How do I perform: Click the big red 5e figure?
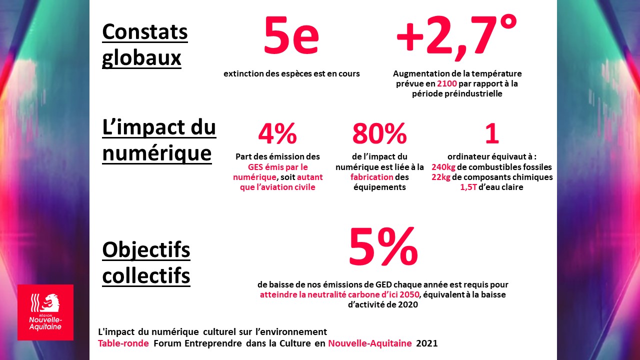[291, 36]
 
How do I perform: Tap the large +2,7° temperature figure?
[456, 35]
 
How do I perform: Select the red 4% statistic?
[277, 134]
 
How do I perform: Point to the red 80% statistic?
[379, 134]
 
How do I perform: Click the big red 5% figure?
[383, 247]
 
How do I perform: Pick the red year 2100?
[447, 83]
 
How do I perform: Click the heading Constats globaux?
[144, 45]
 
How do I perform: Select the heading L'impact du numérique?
[158, 140]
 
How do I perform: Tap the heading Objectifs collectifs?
[146, 262]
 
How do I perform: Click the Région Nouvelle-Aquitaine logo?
[45, 312]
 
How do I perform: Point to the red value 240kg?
[443, 167]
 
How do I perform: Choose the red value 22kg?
[440, 177]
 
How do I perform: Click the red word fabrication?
[371, 177]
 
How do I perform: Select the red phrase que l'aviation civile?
[277, 187]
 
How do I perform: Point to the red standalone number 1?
[492, 134]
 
